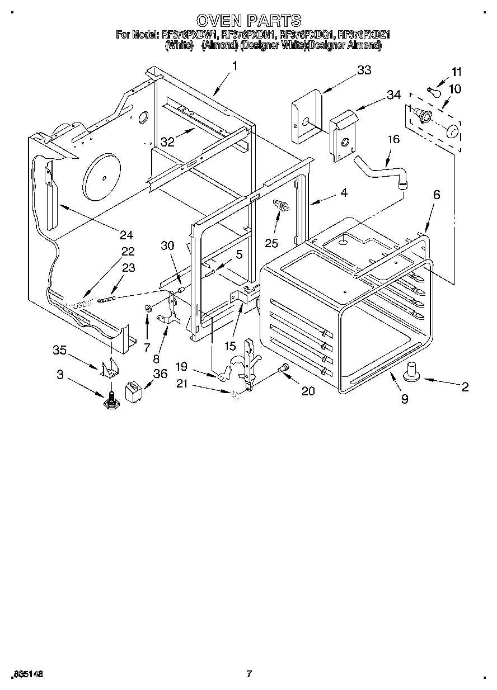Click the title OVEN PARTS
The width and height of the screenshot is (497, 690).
(249, 21)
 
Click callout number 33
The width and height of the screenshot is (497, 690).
(364, 70)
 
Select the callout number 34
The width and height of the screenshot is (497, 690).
(393, 95)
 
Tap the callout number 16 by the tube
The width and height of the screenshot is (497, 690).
(393, 139)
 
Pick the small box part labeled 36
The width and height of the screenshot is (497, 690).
(134, 391)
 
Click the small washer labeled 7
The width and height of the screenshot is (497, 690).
(148, 308)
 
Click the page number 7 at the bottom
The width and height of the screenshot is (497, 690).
(250, 674)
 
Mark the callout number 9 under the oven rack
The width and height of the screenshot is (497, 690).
(404, 399)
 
